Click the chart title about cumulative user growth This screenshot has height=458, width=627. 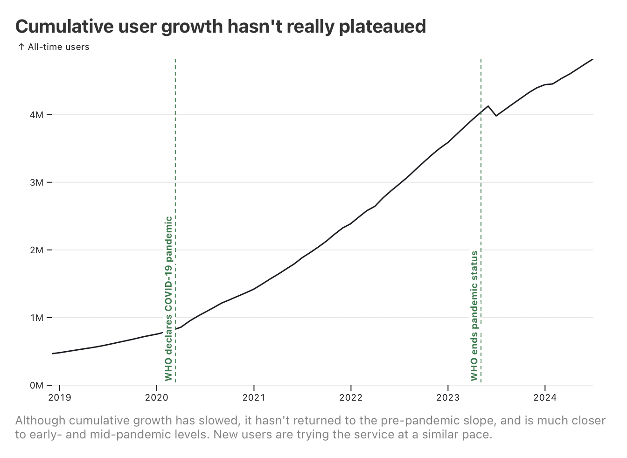coord(220,27)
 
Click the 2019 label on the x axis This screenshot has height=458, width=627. coord(60,398)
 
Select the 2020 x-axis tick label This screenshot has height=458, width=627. coord(157,398)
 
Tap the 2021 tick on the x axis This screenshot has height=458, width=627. coord(254,398)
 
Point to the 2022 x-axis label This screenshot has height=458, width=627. coord(351,398)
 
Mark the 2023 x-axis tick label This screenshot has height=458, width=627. coord(448,398)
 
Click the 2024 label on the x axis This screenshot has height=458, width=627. coord(545,398)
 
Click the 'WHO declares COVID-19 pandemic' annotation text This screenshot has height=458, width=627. coord(168,298)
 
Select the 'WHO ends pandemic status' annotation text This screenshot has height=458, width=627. coord(474,316)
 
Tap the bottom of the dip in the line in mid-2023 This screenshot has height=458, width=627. coord(496,116)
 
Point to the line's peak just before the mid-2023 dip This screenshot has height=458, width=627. coord(488,106)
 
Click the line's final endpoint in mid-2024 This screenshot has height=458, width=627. coord(593,59)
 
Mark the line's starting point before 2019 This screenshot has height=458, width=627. coord(52,354)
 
